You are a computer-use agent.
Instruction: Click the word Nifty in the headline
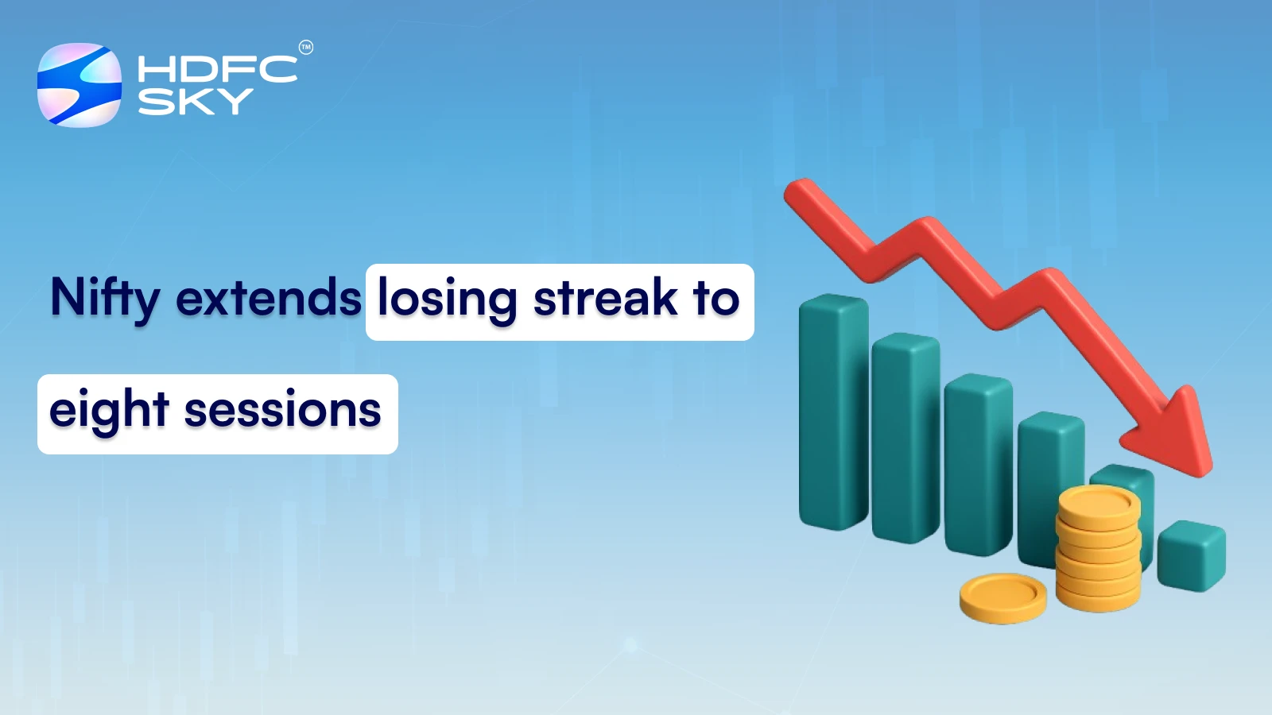pyautogui.click(x=105, y=299)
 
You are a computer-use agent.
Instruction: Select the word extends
pyautogui.click(x=269, y=299)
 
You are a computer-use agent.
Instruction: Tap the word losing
pyautogui.click(x=447, y=299)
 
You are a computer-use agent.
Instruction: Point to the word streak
pyautogui.click(x=605, y=299)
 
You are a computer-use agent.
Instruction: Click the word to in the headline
pyautogui.click(x=715, y=299)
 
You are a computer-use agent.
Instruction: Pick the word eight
pyautogui.click(x=109, y=412)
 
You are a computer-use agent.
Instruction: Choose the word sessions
pyautogui.click(x=282, y=412)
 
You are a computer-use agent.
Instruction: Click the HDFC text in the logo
pyautogui.click(x=217, y=69)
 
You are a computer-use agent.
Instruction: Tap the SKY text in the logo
pyautogui.click(x=196, y=101)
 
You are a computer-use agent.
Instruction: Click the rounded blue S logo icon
pyautogui.click(x=79, y=85)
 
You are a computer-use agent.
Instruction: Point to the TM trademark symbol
pyautogui.click(x=306, y=48)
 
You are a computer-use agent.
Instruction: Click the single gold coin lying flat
pyautogui.click(x=1002, y=597)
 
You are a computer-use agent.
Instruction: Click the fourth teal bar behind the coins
pyautogui.click(x=1048, y=477)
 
